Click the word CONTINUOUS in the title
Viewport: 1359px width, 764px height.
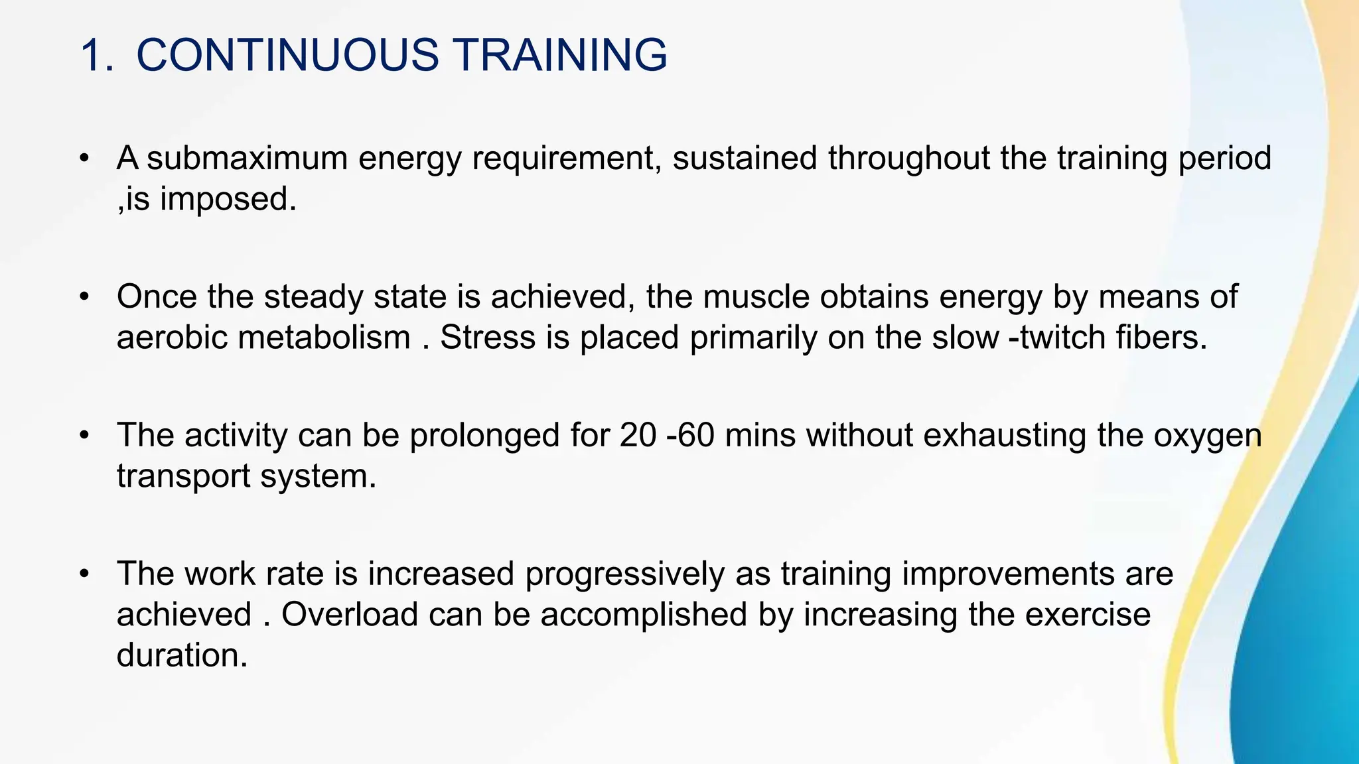pos(287,54)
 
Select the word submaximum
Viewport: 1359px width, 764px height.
pos(247,159)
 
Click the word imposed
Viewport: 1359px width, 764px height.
pos(228,199)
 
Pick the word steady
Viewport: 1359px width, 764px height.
pos(313,296)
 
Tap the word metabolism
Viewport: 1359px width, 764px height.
pos(324,338)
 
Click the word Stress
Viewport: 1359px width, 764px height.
pos(488,338)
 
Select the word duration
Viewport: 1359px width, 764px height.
pos(182,655)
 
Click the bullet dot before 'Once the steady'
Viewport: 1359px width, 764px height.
pos(84,296)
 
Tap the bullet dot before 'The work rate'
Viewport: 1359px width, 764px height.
pos(84,574)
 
